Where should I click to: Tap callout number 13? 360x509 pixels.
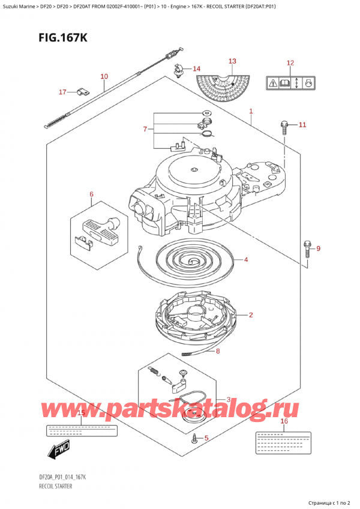[x=232, y=61]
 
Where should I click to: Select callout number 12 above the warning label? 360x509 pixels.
[x=290, y=63]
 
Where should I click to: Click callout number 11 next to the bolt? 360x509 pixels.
[x=302, y=125]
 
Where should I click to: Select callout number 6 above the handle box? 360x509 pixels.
[x=92, y=194]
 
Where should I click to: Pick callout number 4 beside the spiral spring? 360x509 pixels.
[x=246, y=260]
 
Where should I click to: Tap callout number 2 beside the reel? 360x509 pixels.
[x=250, y=315]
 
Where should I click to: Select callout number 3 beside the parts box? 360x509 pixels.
[x=228, y=400]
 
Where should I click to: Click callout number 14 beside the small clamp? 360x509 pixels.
[x=197, y=69]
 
